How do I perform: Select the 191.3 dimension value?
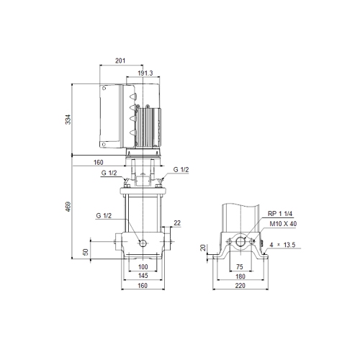[x=143, y=73]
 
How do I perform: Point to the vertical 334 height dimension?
[x=69, y=120]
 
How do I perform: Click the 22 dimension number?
[x=177, y=223]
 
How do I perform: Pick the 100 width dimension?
[x=143, y=267]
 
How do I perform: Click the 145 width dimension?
[x=143, y=276]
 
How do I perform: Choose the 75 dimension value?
[x=239, y=267]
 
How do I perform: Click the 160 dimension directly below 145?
[x=143, y=286]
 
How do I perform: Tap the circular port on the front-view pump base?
[x=143, y=243]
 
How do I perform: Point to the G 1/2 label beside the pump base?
[x=104, y=215]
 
